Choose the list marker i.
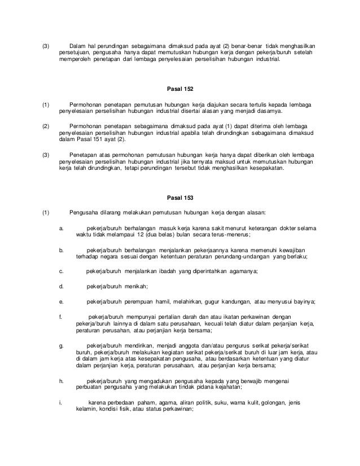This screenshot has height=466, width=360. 60,402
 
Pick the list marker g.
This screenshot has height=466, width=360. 61,344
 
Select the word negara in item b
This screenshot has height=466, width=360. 106,256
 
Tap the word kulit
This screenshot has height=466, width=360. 256,402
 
